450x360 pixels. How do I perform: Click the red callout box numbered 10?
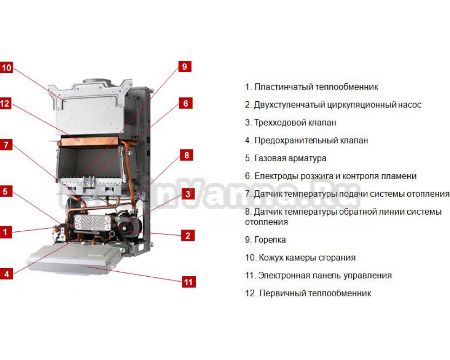click(x=6, y=68)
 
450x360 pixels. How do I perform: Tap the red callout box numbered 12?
click(x=5, y=103)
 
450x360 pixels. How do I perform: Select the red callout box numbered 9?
click(x=184, y=67)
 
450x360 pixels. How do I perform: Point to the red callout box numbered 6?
click(x=185, y=103)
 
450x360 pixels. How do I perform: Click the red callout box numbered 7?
click(x=6, y=145)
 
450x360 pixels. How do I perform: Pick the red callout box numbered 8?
click(x=187, y=155)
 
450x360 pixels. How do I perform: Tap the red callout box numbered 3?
click(x=188, y=194)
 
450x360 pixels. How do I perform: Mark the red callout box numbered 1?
click(x=5, y=232)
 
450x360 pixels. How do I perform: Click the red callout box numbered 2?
click(x=188, y=236)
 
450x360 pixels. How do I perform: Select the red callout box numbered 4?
click(x=6, y=274)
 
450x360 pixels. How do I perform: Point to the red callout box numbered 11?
click(x=189, y=282)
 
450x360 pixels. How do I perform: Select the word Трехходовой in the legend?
click(x=277, y=123)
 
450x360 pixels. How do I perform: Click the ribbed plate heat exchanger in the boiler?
click(x=92, y=223)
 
